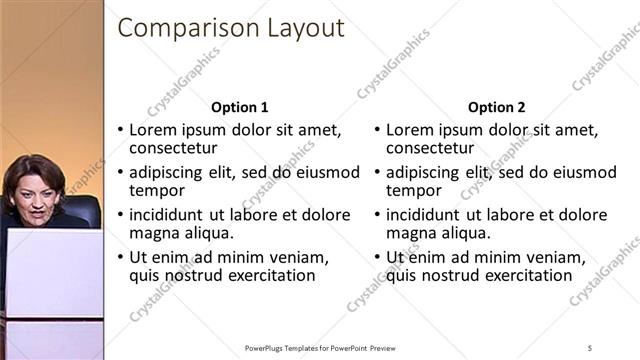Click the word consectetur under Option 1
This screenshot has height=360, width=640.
pyautogui.click(x=174, y=148)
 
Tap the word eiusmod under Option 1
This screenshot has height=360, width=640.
pyautogui.click(x=327, y=172)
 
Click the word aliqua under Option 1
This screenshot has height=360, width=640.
pyautogui.click(x=206, y=233)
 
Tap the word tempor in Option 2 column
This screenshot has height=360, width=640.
pyautogui.click(x=413, y=190)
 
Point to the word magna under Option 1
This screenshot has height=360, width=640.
pyautogui.click(x=153, y=233)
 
